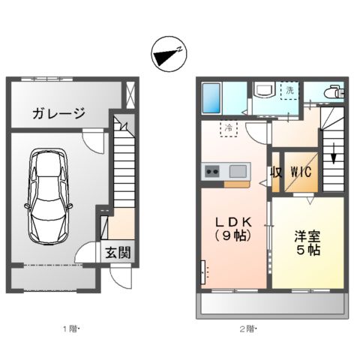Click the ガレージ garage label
pyautogui.click(x=58, y=113)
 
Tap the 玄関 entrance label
pyautogui.click(x=117, y=253)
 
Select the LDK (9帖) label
pyautogui.click(x=232, y=229)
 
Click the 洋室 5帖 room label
pyautogui.click(x=307, y=242)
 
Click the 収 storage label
pyautogui.click(x=275, y=172)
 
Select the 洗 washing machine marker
pyautogui.click(x=289, y=91)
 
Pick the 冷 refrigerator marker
pyautogui.click(x=228, y=127)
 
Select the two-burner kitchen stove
pyautogui.click(x=211, y=172)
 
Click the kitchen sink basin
pyautogui.click(x=237, y=170)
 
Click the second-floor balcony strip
pyautogui.click(x=272, y=304)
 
